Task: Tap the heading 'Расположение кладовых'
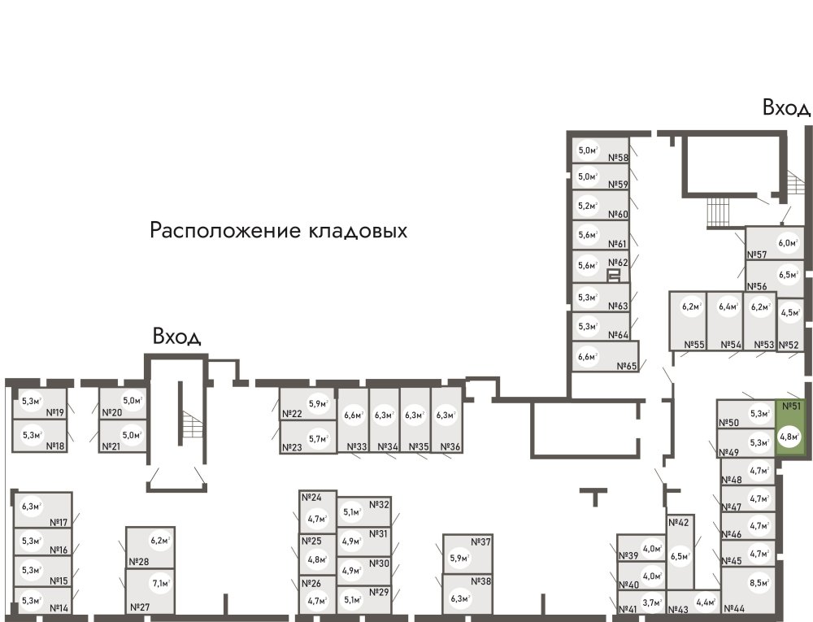coord(278,231)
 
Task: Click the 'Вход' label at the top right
coord(786,107)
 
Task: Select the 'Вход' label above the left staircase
coord(176,336)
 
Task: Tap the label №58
coord(619,159)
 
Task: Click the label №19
coord(55,412)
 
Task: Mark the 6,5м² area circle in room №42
coord(680,557)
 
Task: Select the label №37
coord(481,542)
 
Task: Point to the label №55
coord(693,345)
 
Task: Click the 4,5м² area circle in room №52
coord(789,311)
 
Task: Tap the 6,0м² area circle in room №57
coord(786,242)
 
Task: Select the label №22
coord(291,414)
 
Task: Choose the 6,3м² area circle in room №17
coord(31,507)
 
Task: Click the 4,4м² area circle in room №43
coord(704,602)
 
